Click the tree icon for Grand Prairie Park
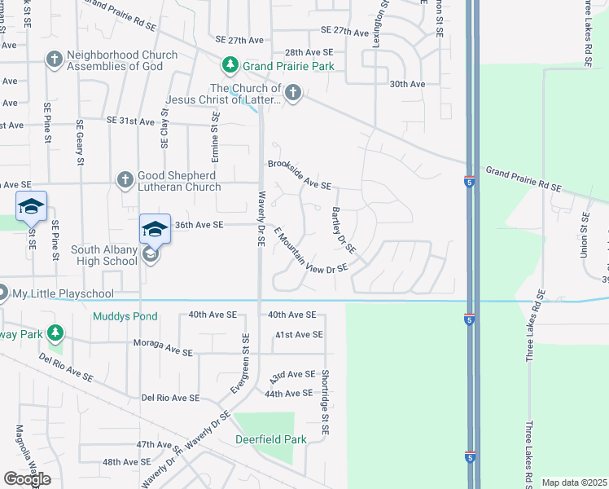231,65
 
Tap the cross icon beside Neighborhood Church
54,59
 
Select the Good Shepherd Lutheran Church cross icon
125,178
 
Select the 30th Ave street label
407,84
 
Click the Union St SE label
585,233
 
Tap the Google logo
27,479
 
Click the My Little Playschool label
69,293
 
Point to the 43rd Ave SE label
291,377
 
